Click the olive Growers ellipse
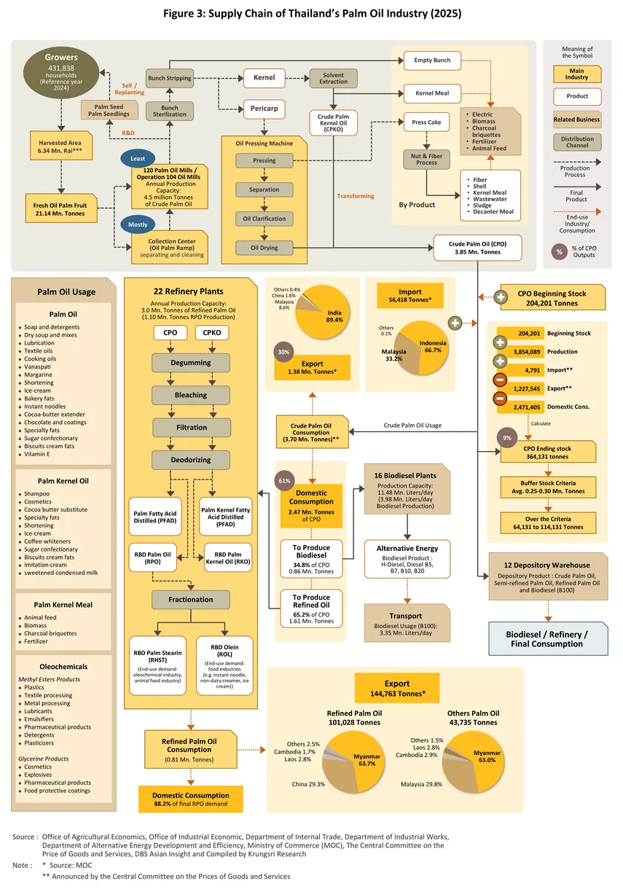coord(60,73)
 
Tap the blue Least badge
coord(137,158)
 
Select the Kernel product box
coord(264,78)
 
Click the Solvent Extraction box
coord(333,78)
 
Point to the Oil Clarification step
coord(264,219)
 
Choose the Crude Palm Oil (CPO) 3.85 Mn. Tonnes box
coord(477,248)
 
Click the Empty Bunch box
coord(432,60)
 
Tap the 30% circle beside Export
coord(283,352)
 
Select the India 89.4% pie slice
coord(327,316)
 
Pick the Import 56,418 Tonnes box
coord(410,296)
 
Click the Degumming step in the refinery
coord(190,363)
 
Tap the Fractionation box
coord(190,599)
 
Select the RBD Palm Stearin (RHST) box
coord(157,665)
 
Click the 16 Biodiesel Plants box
coord(407,489)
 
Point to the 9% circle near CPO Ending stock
coord(506,438)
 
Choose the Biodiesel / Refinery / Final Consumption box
coord(548,638)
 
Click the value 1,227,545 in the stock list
coord(527,388)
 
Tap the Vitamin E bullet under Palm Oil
coord(34,454)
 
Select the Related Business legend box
coord(577,120)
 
